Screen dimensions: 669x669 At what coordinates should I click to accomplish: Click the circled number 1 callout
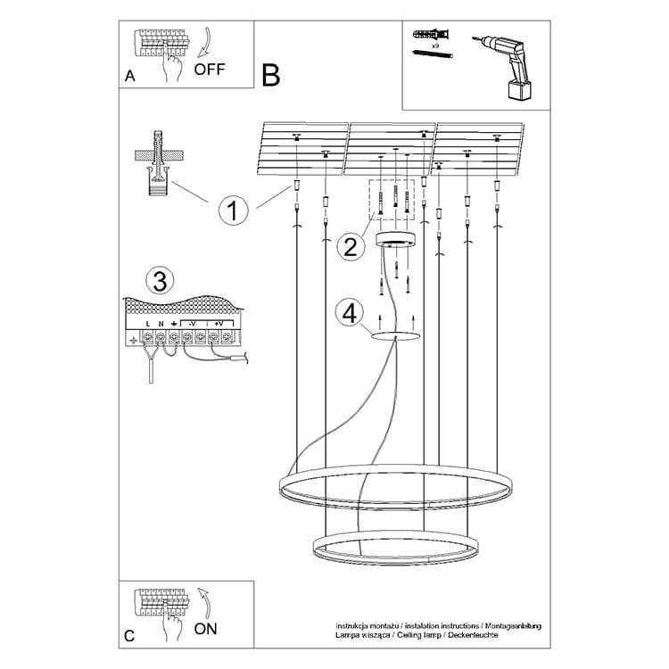tap(232, 211)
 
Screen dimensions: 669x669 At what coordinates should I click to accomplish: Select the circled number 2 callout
tap(351, 246)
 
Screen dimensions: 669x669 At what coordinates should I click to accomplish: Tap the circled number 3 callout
tap(159, 282)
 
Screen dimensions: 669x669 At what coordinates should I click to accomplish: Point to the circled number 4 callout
tap(350, 313)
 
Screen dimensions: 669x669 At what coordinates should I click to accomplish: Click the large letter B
tap(271, 75)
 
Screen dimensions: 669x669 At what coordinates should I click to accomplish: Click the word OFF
tap(210, 69)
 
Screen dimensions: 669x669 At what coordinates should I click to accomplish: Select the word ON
tap(205, 628)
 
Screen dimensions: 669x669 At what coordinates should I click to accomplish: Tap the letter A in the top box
tap(130, 77)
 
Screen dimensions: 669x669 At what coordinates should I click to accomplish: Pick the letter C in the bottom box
tap(130, 636)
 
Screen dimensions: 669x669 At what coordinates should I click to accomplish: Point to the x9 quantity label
tap(434, 44)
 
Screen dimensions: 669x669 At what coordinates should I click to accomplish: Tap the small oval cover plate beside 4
tap(395, 335)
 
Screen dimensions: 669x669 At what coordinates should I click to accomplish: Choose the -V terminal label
tap(193, 322)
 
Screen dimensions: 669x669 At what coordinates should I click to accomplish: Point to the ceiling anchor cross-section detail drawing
tap(158, 164)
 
